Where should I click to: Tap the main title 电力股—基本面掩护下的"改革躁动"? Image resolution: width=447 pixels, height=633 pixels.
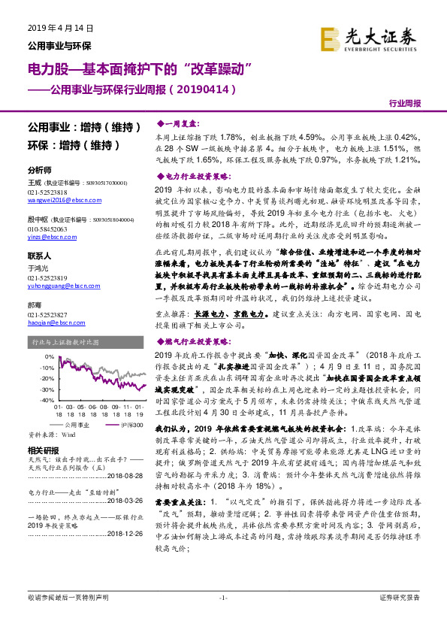(138, 69)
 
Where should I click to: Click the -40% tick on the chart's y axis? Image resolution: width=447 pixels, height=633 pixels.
(48, 401)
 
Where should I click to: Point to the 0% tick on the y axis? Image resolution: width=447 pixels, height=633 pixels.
(50, 356)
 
